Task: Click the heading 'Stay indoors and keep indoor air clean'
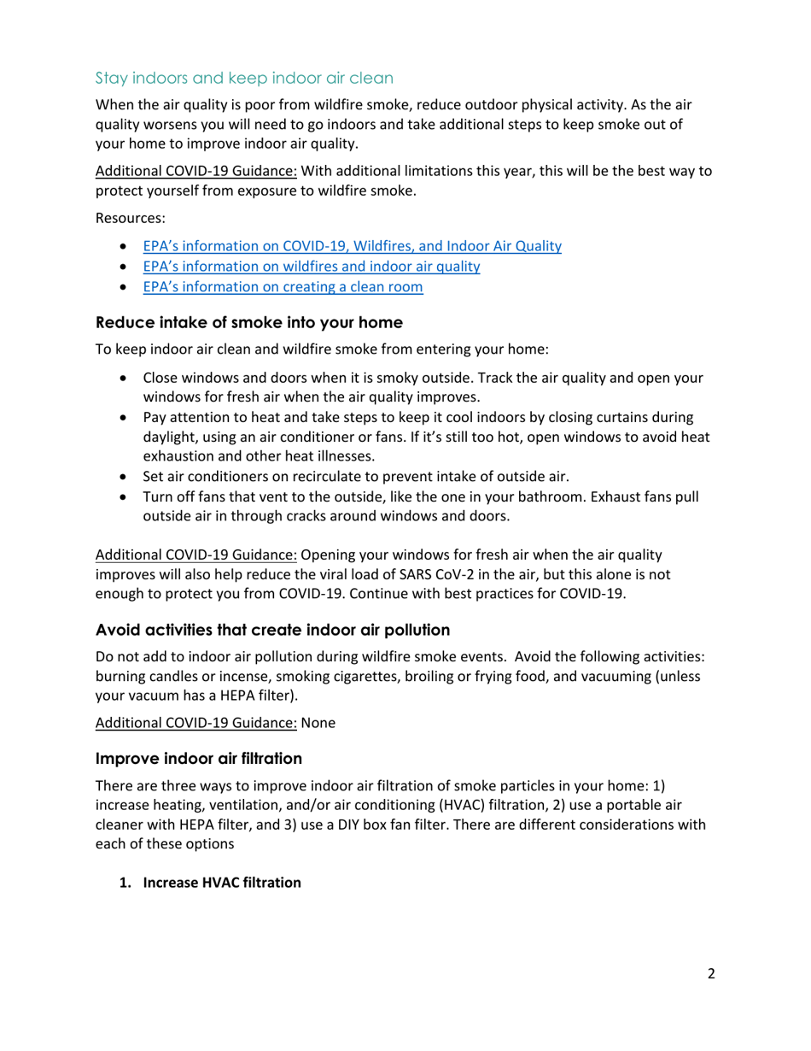point(244,79)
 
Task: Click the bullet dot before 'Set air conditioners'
point(127,476)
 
